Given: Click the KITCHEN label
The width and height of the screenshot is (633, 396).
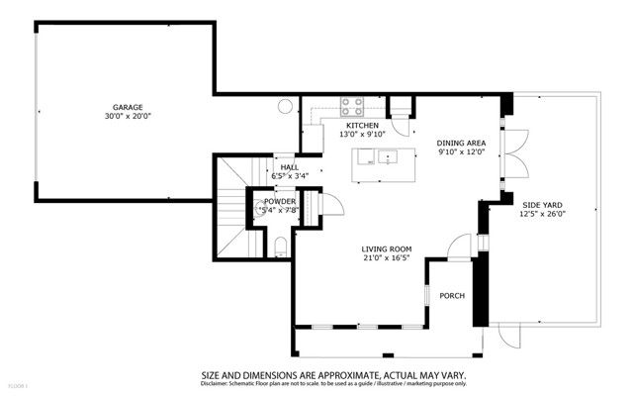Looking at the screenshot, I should tap(362, 125).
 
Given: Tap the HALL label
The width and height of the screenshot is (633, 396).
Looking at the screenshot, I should tap(289, 167).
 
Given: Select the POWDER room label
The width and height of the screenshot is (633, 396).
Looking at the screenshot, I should tap(279, 201).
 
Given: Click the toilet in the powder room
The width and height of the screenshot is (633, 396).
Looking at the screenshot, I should tap(281, 244).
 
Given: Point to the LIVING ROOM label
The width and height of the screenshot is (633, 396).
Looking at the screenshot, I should tap(386, 249).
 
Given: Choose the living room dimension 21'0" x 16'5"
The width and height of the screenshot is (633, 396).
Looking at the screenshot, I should tap(386, 259).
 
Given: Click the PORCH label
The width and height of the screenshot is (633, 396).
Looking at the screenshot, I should tap(452, 296).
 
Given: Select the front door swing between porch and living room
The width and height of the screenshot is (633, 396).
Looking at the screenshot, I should tap(457, 247).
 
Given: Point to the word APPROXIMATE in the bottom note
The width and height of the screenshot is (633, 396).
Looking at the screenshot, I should tap(333, 376).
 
